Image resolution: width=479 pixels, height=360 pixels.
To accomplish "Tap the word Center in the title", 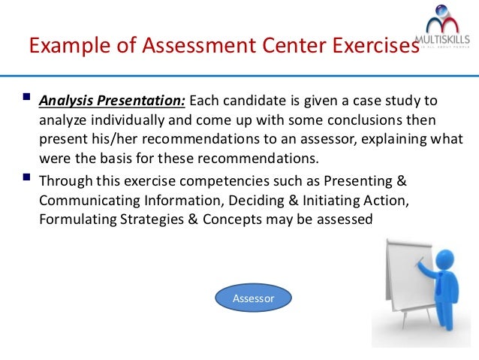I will pos(285,47).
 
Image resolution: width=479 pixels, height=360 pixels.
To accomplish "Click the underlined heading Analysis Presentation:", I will pos(112,101).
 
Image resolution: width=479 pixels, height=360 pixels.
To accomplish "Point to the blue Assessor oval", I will pos(253,298).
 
